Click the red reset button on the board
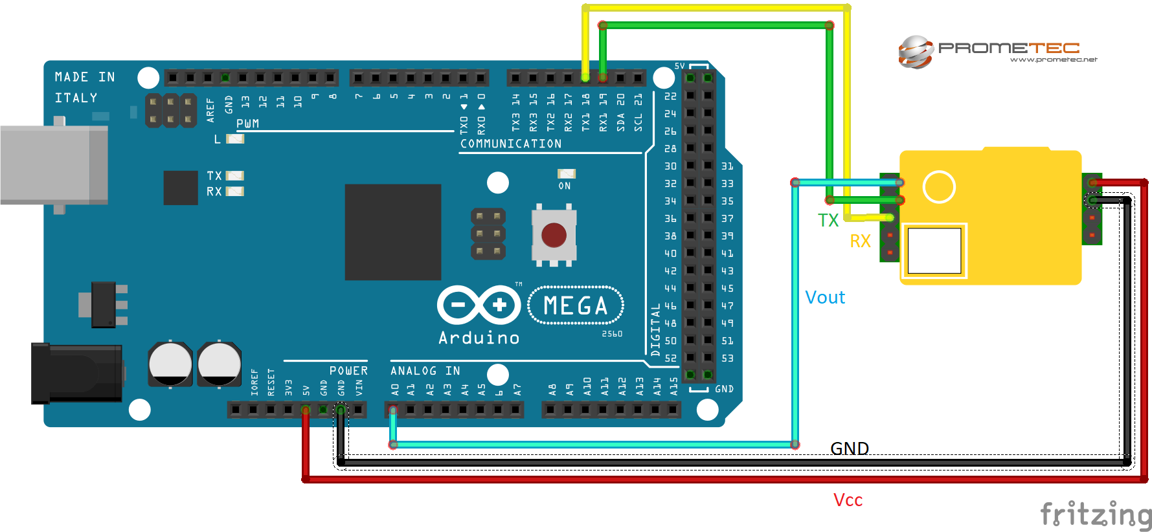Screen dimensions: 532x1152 tap(554, 235)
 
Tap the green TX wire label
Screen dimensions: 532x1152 tap(828, 221)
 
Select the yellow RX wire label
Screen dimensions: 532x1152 tap(860, 241)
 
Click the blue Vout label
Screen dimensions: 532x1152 tap(825, 298)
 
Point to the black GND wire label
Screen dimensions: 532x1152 tap(850, 449)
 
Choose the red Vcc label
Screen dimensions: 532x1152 tap(848, 500)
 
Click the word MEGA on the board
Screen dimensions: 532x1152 tap(576, 305)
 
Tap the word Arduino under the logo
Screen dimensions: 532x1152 tap(479, 338)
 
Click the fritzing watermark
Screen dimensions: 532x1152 tap(1096, 515)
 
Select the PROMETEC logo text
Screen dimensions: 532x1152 tap(1008, 49)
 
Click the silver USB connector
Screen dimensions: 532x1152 tap(53, 165)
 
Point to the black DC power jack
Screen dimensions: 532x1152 tap(76, 373)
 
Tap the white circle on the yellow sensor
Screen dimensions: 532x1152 tap(938, 187)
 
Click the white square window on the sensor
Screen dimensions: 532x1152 tap(934, 250)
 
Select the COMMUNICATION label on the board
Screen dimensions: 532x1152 tap(511, 144)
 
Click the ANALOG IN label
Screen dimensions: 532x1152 tap(425, 371)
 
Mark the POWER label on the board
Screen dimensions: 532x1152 tap(348, 371)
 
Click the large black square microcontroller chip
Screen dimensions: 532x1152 tap(392, 232)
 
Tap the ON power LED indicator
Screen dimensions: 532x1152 tap(566, 174)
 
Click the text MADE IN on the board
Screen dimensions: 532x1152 tap(85, 77)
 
